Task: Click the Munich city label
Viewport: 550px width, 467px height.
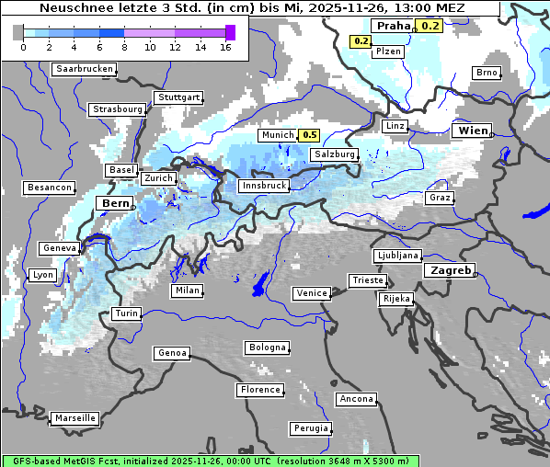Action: [x=277, y=135]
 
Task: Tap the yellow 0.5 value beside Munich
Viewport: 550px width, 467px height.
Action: [x=310, y=135]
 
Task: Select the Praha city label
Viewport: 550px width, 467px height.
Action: [x=391, y=26]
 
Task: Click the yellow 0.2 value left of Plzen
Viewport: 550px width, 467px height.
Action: [x=361, y=41]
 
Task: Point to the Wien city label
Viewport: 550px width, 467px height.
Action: [x=473, y=131]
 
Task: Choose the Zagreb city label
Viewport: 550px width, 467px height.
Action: [x=449, y=270]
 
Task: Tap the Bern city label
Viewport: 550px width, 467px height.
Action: [x=115, y=203]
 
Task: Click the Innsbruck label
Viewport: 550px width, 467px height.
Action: [x=263, y=186]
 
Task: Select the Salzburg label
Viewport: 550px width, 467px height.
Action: [x=333, y=154]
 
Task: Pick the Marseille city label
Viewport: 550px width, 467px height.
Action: [x=74, y=417]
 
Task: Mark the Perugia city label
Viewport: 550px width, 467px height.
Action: [x=310, y=428]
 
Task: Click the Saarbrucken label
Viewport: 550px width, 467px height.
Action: [x=85, y=69]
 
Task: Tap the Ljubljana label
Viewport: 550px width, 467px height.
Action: [x=397, y=256]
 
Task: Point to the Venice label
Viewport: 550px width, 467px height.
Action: [x=311, y=293]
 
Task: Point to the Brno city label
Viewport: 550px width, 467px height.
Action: [x=486, y=73]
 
